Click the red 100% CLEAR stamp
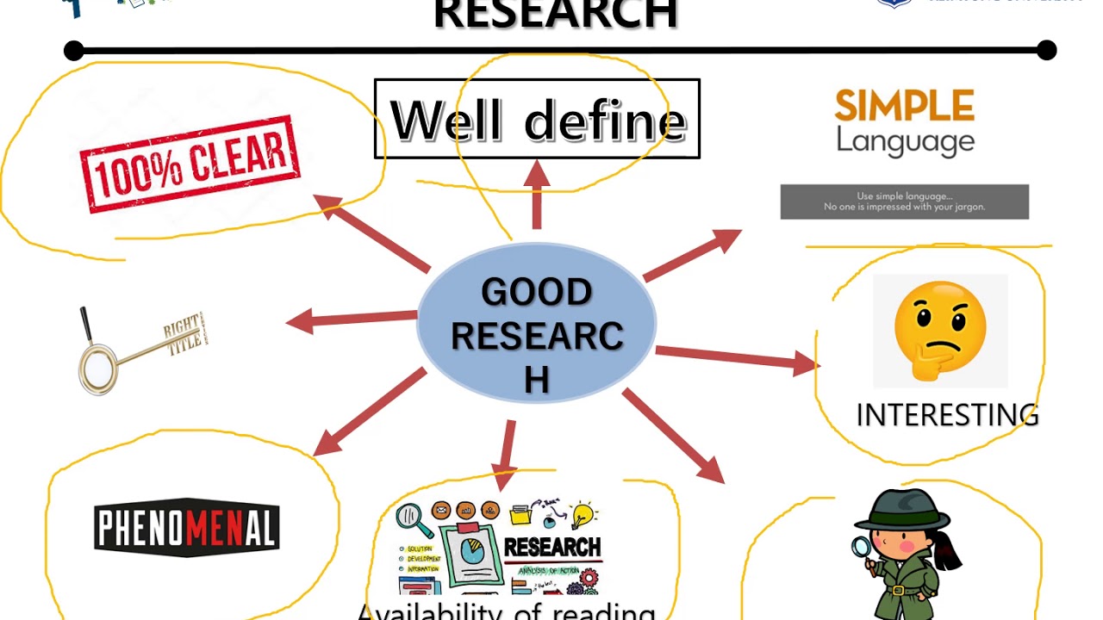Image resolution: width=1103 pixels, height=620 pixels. (x=190, y=163)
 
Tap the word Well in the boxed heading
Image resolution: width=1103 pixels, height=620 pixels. (x=446, y=120)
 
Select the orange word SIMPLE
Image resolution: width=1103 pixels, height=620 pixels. (x=904, y=106)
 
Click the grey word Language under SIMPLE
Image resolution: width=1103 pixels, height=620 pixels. (x=905, y=140)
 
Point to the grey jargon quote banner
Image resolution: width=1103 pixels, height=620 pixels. (x=904, y=201)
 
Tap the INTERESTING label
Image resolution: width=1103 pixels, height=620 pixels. (x=947, y=415)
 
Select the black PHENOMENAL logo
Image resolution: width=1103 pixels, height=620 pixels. (x=186, y=528)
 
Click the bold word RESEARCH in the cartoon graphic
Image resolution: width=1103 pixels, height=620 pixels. (x=551, y=547)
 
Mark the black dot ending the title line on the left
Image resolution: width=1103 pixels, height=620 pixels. (x=74, y=51)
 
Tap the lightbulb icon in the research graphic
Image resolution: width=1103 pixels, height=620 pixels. (x=583, y=514)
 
